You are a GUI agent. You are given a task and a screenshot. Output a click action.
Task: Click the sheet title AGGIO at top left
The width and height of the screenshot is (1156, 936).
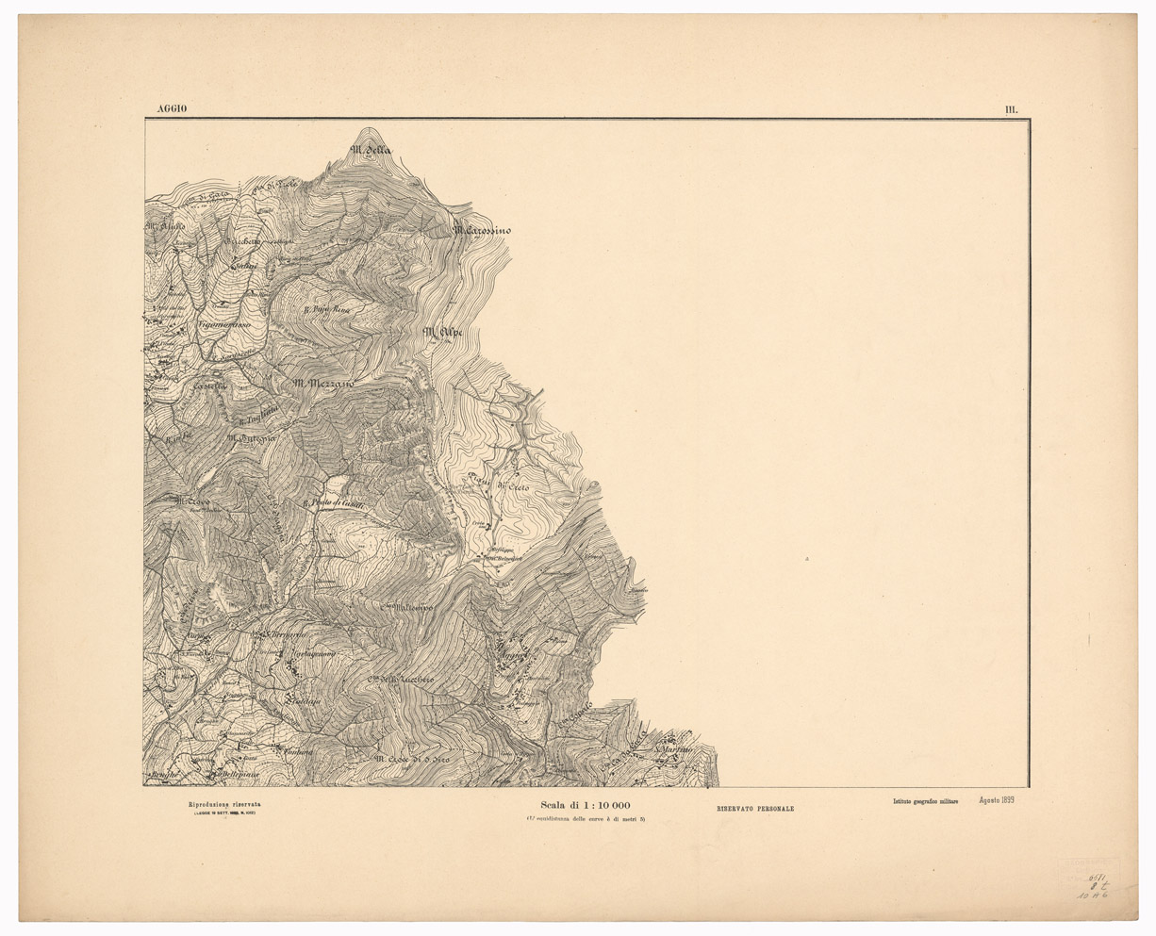coord(165,109)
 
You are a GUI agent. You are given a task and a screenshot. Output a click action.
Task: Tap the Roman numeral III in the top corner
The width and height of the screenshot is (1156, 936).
coord(1011,109)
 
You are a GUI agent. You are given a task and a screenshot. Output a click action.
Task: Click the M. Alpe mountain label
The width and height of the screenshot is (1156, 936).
coord(445,332)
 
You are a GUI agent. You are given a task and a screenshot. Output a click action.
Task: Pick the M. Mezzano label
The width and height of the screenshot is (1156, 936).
coord(322,384)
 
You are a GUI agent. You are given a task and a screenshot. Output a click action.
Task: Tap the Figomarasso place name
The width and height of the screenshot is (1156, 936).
coord(223,325)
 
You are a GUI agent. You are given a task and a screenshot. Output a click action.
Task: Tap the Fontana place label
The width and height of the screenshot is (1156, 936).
coord(295,751)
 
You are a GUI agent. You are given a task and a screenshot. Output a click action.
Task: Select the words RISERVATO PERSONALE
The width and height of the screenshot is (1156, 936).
coord(754,809)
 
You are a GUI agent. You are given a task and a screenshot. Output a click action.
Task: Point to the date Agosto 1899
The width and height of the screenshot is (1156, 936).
coord(997,801)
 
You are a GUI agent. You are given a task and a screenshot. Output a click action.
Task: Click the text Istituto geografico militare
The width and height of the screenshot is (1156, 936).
coord(925,802)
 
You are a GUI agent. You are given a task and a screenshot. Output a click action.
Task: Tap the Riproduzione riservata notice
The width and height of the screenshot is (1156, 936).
coord(224,804)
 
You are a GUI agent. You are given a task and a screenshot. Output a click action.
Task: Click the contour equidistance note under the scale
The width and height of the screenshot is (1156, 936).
coord(586,819)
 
